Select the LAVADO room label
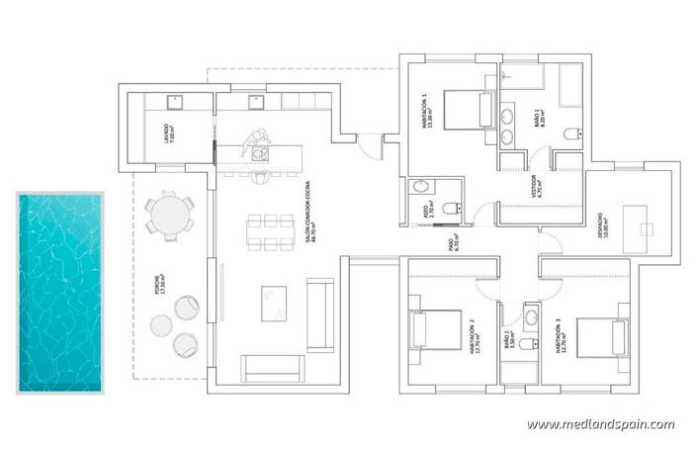[169, 134]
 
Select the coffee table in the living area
[274, 304]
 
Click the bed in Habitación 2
[435, 329]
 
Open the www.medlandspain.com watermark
[600, 424]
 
